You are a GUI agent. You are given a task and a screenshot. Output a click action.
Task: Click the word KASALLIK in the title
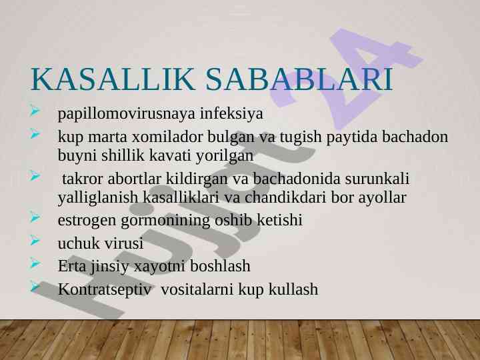[113, 79]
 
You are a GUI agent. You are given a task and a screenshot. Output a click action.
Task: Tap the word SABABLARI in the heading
[299, 79]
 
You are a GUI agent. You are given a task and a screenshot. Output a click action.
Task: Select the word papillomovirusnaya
[127, 114]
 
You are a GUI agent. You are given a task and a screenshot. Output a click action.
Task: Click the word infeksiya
[232, 113]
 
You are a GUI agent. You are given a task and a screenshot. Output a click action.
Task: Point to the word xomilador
[167, 137]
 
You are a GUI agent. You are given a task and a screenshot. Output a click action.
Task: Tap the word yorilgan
[225, 156]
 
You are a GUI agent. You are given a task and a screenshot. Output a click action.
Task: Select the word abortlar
[135, 179]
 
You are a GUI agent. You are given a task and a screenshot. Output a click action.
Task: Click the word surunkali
[377, 179]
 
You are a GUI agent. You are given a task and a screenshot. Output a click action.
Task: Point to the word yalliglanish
[98, 197]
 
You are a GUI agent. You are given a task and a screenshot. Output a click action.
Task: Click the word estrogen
[87, 221]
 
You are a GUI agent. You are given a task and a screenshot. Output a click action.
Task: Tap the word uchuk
[79, 243]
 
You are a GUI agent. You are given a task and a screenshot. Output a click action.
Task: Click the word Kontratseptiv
[105, 289]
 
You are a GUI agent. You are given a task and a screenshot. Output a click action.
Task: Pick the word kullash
[293, 289]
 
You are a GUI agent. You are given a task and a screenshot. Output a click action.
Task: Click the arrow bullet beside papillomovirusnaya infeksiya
[35, 111]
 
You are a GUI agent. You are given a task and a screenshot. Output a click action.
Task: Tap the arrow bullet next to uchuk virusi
[35, 240]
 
